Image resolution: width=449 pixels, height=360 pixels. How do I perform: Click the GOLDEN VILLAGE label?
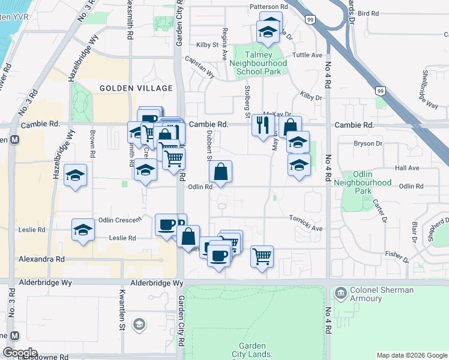point(128,88)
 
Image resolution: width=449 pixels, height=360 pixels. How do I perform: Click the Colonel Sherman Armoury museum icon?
point(341,293)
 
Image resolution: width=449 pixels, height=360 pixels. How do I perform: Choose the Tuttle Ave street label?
point(308,55)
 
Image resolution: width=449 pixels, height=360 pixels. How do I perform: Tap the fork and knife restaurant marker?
point(262,125)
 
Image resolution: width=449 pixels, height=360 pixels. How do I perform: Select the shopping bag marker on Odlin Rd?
point(221,172)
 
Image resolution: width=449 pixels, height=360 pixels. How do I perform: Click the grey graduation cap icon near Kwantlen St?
point(139,325)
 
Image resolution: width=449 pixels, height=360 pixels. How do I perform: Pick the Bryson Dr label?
point(368,144)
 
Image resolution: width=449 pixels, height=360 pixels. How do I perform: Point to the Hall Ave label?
point(407,169)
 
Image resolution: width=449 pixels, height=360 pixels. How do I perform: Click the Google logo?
point(20,353)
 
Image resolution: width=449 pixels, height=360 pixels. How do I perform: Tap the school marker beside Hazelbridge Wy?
point(75,175)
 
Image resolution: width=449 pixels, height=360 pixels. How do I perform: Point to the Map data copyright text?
point(412,355)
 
